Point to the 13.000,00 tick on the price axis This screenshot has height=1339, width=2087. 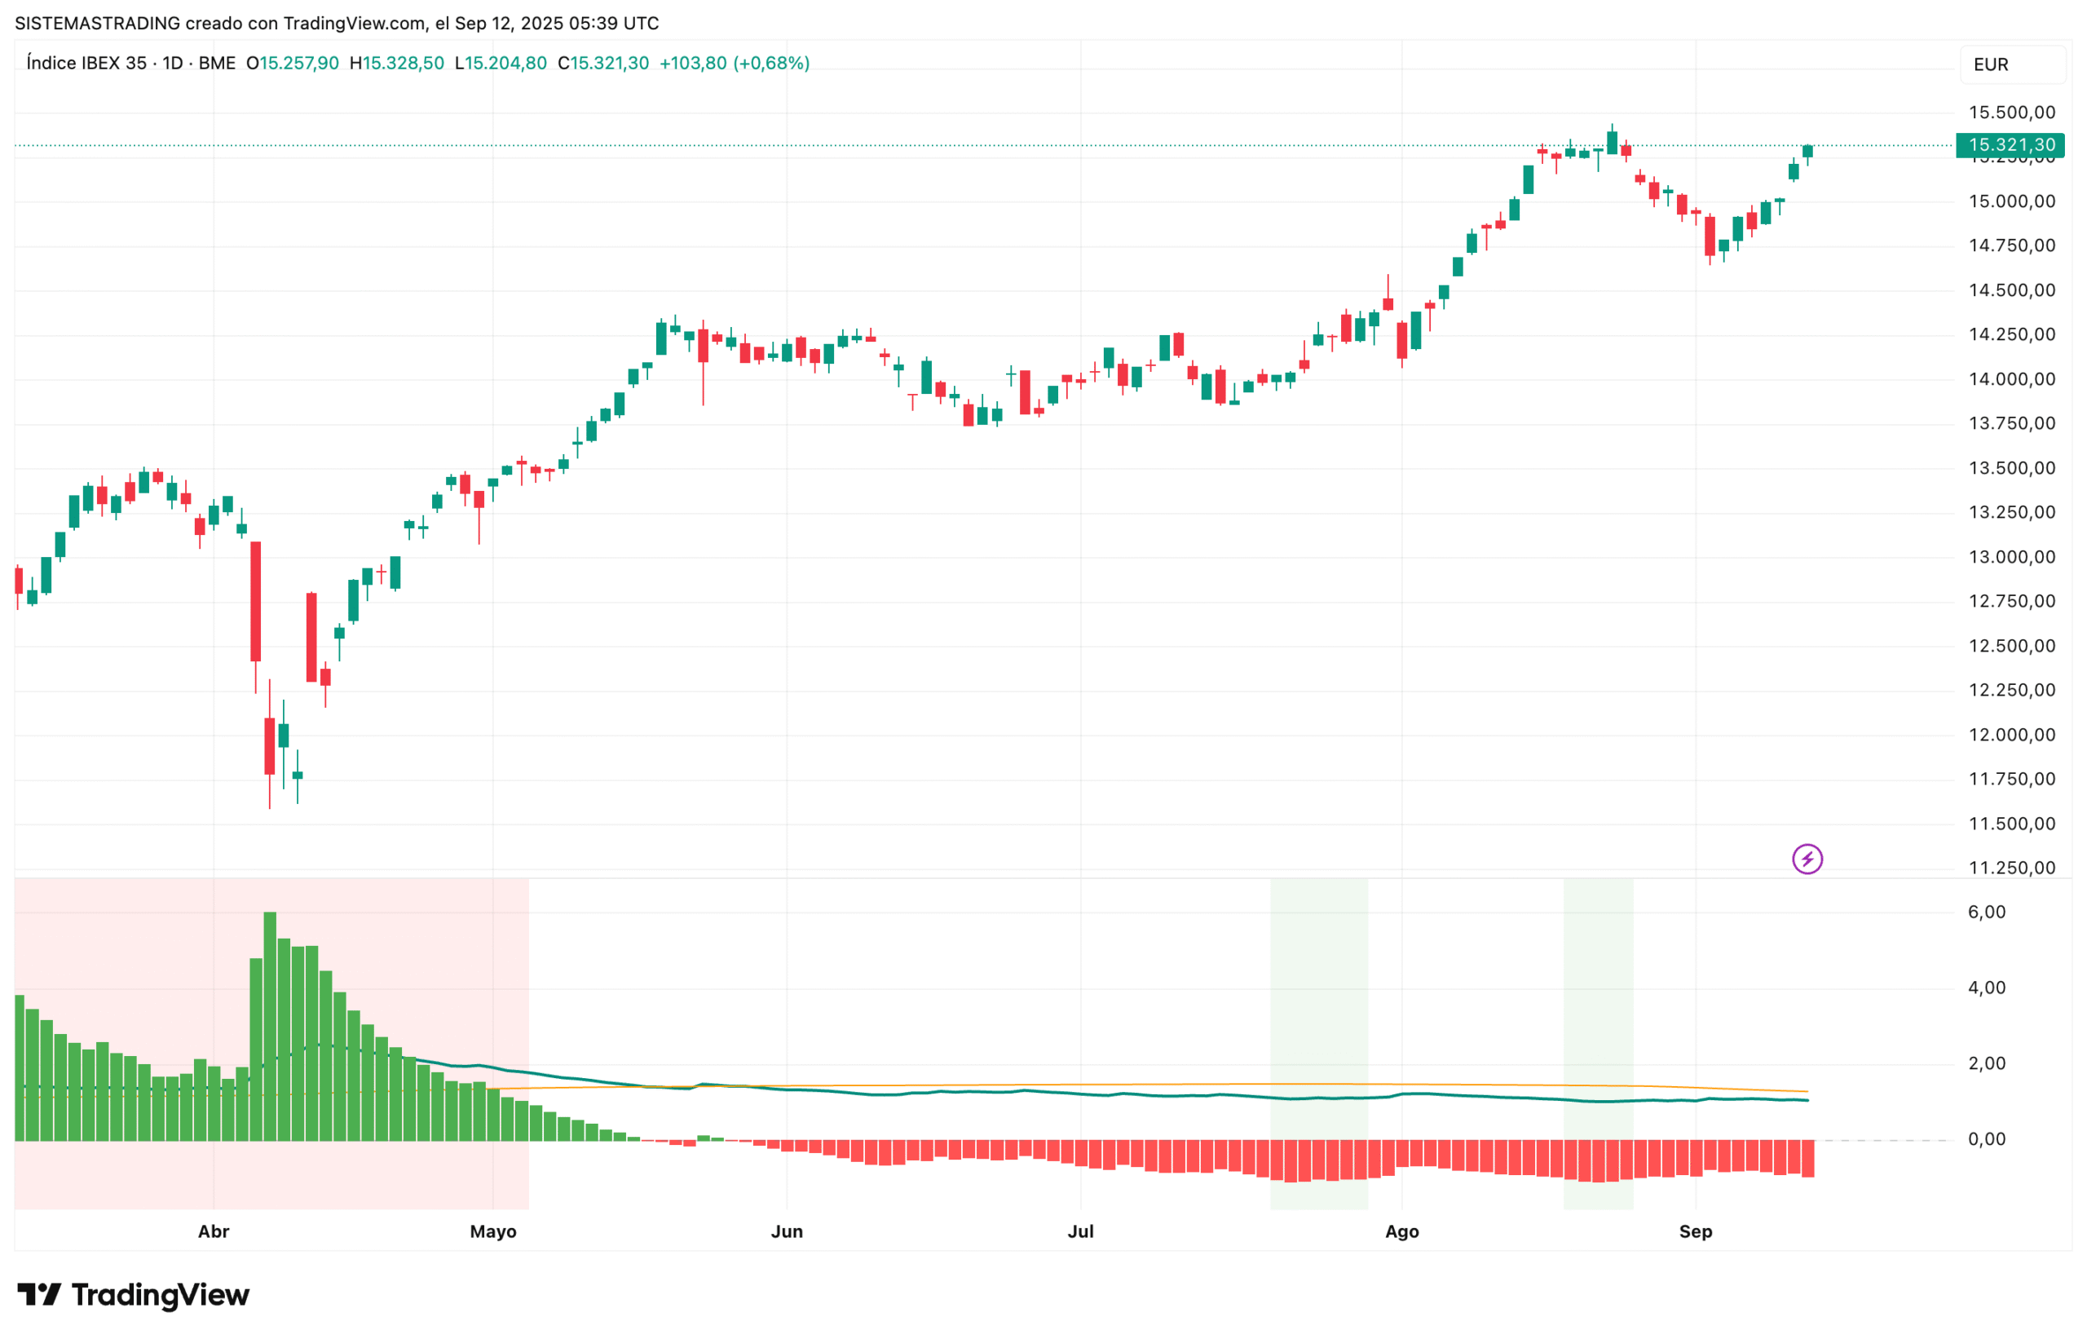point(2010,557)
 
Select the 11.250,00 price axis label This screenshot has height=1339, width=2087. point(2010,868)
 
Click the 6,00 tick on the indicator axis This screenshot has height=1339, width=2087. point(1986,912)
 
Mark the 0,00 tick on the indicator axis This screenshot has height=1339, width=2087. point(1986,1139)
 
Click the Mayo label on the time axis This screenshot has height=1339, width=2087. point(493,1232)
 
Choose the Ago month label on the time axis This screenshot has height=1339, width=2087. point(1401,1232)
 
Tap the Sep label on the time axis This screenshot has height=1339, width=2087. point(1695,1232)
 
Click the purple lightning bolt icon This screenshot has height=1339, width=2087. point(1807,859)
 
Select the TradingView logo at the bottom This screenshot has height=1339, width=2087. point(133,1296)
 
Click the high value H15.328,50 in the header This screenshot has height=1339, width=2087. point(396,64)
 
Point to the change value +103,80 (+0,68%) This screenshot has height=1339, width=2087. point(735,64)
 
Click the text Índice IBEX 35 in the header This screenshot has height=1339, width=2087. point(87,64)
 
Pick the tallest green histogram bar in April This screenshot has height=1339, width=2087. point(270,1026)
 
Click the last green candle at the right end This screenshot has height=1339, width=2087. point(1807,152)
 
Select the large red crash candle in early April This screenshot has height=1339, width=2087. point(255,602)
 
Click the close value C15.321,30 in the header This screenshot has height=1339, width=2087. point(603,64)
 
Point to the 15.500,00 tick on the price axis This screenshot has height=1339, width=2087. point(2010,113)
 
